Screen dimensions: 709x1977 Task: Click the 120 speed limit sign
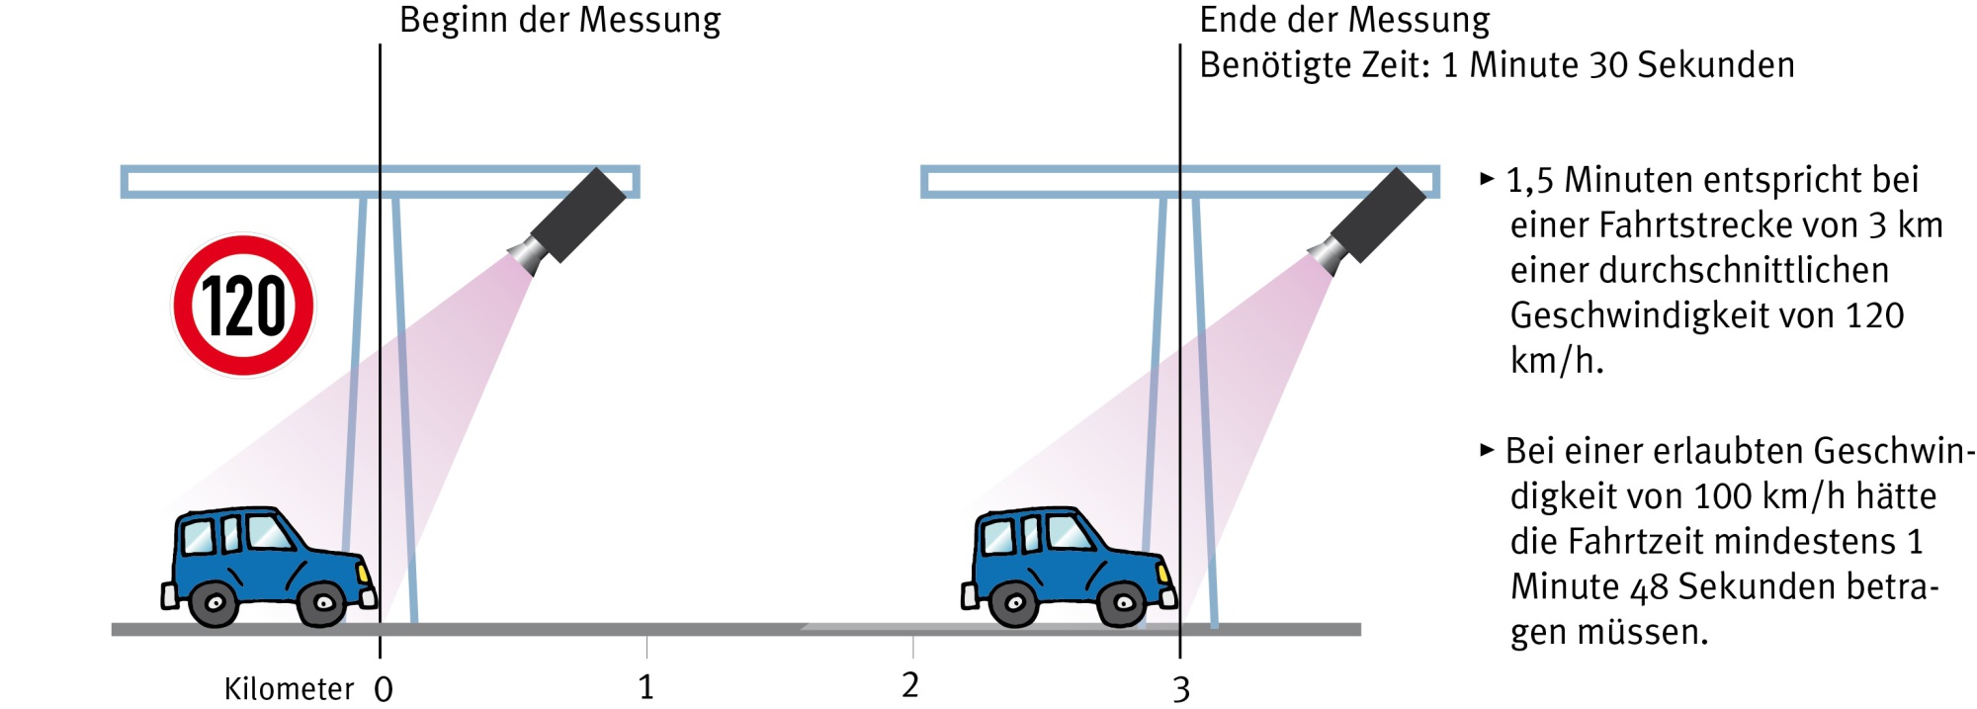[243, 306]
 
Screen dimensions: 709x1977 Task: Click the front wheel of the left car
[322, 601]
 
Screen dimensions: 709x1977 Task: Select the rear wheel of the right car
[1014, 601]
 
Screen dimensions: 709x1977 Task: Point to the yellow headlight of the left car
[363, 574]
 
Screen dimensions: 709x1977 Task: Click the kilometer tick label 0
[384, 689]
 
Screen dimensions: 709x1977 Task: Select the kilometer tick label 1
[645, 687]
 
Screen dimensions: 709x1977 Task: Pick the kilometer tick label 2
[910, 685]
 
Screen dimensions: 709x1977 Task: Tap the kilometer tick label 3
[1181, 689]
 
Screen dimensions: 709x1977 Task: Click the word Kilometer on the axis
[289, 689]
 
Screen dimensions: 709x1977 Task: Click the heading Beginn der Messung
[559, 20]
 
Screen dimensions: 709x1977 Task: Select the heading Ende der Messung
[1344, 20]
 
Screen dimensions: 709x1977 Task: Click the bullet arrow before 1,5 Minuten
[1487, 179]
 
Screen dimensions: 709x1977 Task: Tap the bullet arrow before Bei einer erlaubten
[1487, 450]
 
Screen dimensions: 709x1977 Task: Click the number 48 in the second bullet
[1649, 588]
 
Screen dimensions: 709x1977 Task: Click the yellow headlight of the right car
[1163, 574]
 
